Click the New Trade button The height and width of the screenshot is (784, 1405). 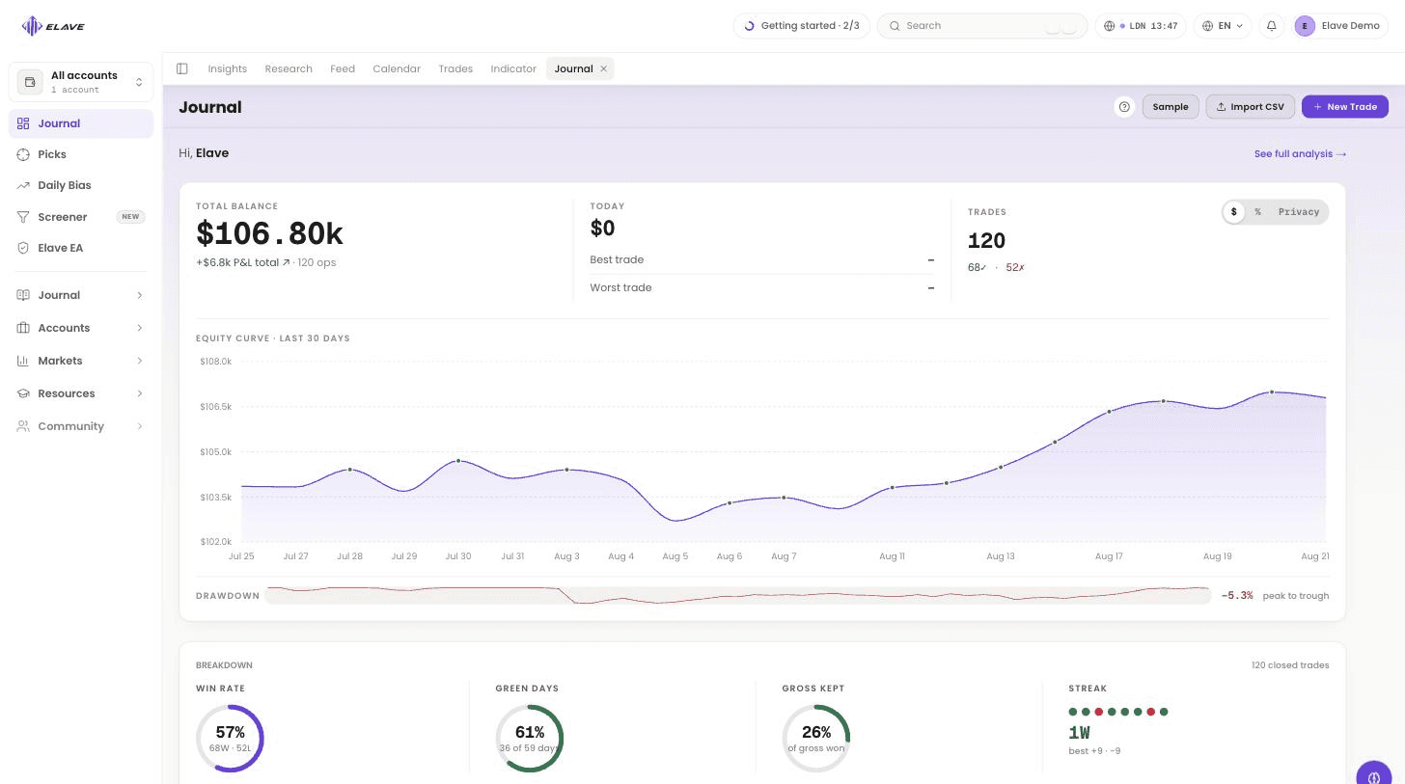click(x=1345, y=106)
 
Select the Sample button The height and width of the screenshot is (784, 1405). click(x=1171, y=106)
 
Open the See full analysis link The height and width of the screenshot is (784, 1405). click(x=1300, y=153)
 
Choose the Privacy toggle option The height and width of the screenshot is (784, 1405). click(x=1299, y=212)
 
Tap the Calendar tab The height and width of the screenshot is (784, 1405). click(x=397, y=68)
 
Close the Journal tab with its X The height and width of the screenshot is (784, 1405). click(x=603, y=68)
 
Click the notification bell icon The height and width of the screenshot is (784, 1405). click(x=1272, y=26)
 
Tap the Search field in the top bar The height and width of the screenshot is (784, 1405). click(x=981, y=26)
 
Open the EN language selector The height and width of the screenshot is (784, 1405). click(x=1223, y=26)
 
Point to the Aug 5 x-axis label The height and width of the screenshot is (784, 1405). click(x=675, y=555)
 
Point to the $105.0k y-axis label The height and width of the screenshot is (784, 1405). click(x=216, y=452)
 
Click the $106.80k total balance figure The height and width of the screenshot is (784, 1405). click(x=270, y=233)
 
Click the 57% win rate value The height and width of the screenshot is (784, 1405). click(x=231, y=732)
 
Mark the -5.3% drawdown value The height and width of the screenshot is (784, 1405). click(x=1237, y=595)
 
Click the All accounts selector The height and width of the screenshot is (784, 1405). click(x=81, y=82)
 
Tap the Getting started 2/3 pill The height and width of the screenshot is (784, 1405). click(x=802, y=26)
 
